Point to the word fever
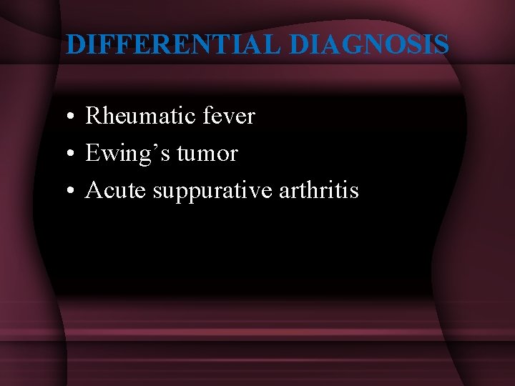[230, 116]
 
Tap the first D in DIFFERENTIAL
[75, 44]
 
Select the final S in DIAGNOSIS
[441, 44]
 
